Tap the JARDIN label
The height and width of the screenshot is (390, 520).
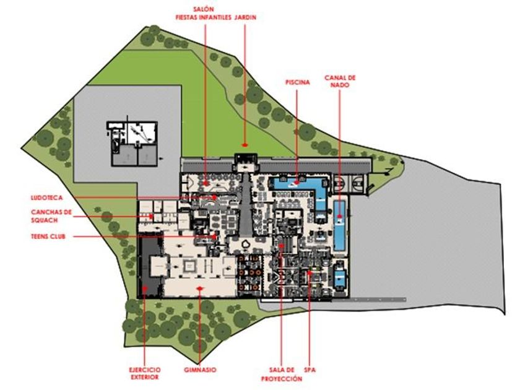coord(245,17)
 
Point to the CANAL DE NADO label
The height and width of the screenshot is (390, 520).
coord(340,81)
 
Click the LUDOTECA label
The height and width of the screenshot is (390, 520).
coord(46,198)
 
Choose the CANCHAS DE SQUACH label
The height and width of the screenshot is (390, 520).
coord(52,216)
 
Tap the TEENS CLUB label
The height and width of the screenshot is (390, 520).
coord(49,236)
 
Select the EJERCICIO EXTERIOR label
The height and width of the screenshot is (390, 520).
coord(144,373)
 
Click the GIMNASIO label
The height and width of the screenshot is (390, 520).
coord(200,370)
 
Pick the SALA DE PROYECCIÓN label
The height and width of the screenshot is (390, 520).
coord(282,374)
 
